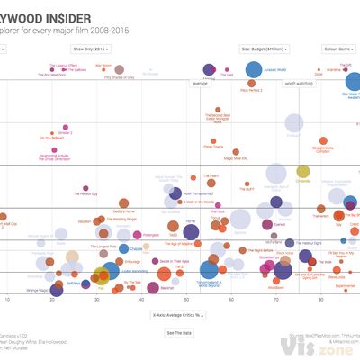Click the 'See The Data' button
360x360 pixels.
180,333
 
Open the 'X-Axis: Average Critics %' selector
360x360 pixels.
180,315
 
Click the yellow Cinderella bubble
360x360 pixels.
303,172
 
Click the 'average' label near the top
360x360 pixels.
200,84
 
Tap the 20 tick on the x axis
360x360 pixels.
52,298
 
